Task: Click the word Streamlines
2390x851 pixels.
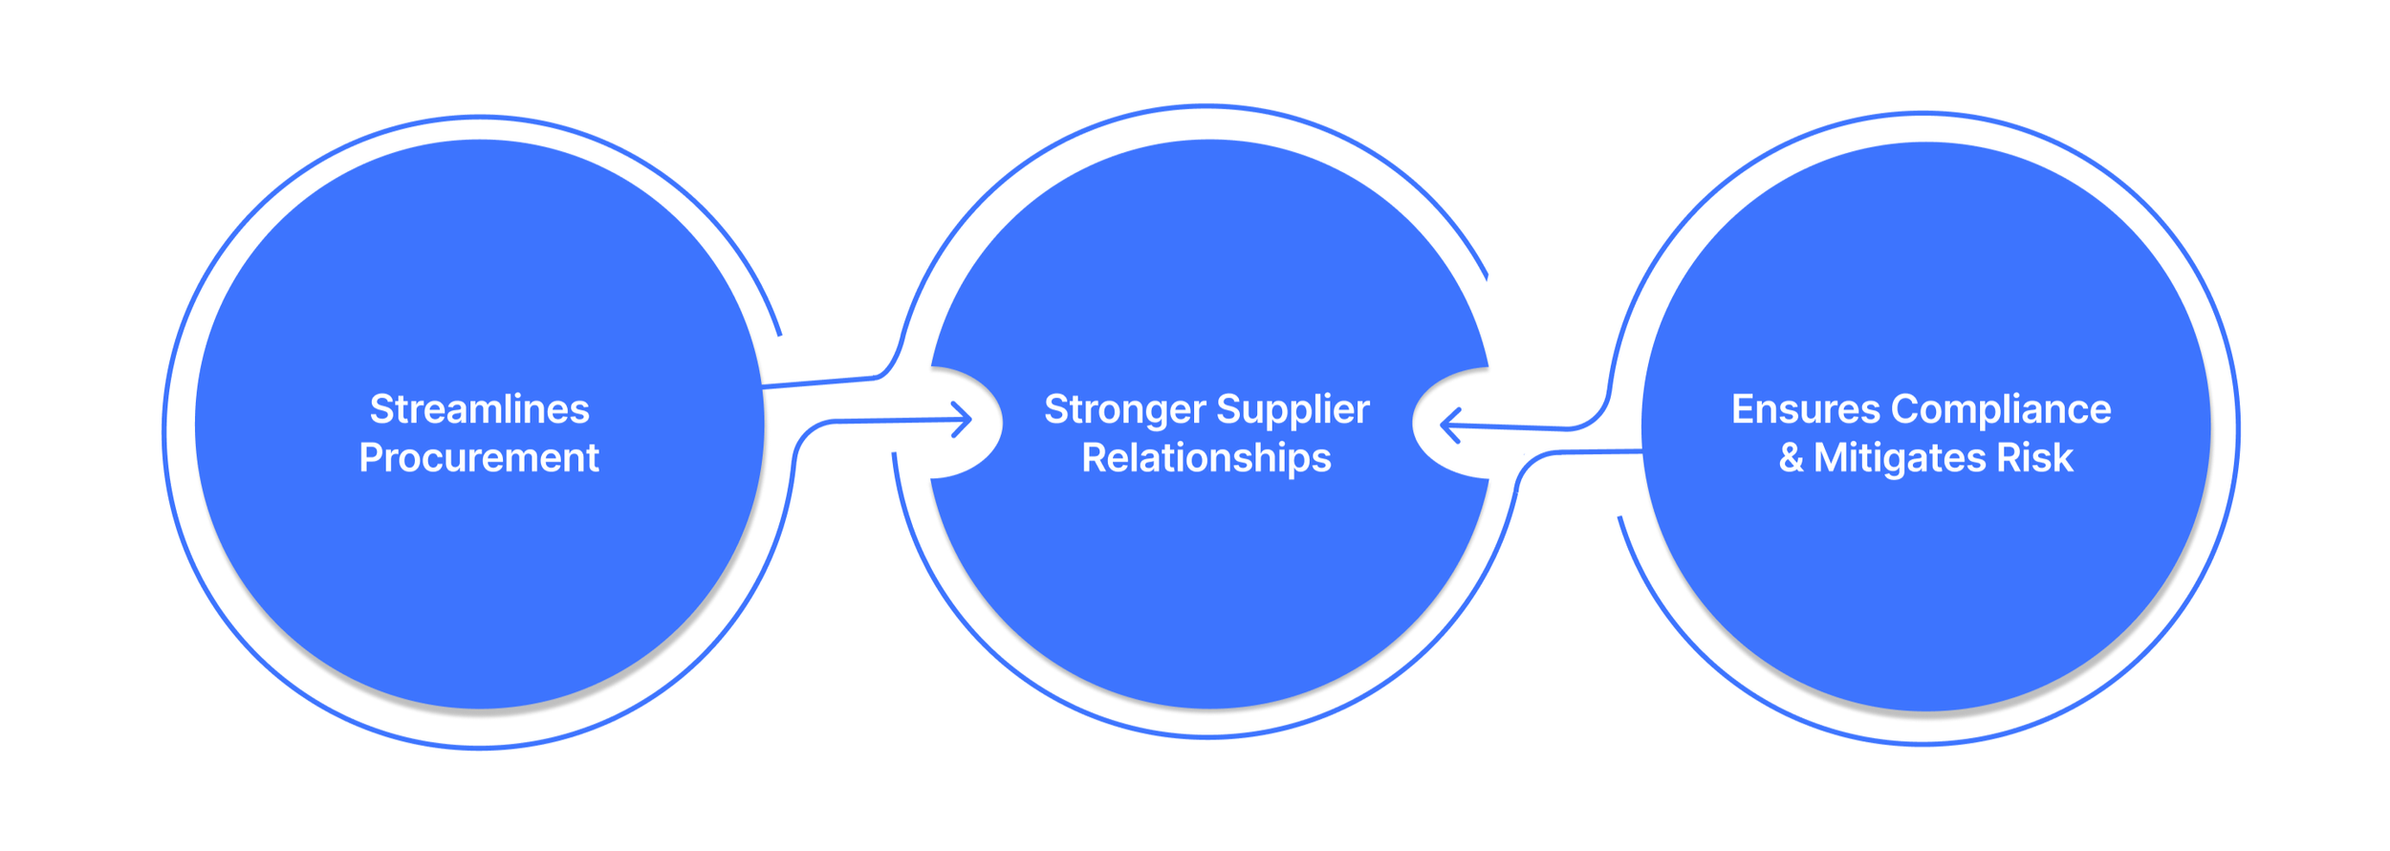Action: [x=479, y=409]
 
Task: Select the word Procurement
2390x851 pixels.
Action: [x=479, y=458]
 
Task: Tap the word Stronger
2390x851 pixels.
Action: [x=1124, y=409]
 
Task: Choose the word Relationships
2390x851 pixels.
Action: [x=1206, y=458]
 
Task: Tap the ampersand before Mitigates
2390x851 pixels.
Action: [x=1791, y=458]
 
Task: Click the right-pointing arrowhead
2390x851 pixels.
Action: [x=964, y=419]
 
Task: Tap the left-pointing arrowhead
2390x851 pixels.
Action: [x=1449, y=425]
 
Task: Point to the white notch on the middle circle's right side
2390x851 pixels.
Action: [x=1447, y=423]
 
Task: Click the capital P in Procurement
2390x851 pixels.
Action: [x=371, y=458]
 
